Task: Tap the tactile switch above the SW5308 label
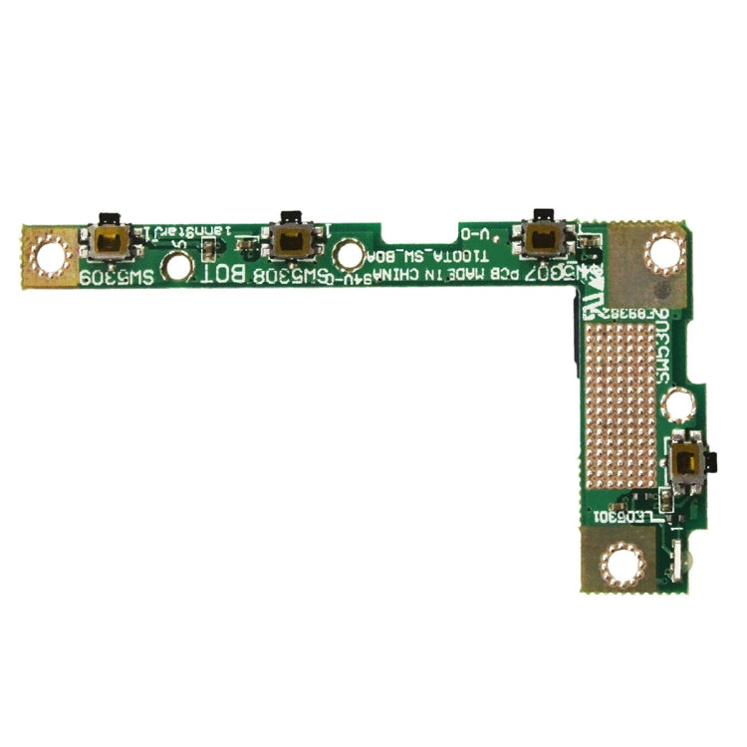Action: [290, 239]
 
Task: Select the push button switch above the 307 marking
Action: [543, 236]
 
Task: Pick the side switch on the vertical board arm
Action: [684, 460]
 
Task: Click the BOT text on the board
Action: [226, 274]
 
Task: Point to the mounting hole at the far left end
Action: [50, 256]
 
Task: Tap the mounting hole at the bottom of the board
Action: [623, 565]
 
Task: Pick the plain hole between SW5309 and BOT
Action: [177, 266]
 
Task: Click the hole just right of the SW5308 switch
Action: [349, 254]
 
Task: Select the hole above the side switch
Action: [679, 403]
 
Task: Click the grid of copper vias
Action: [619, 403]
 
